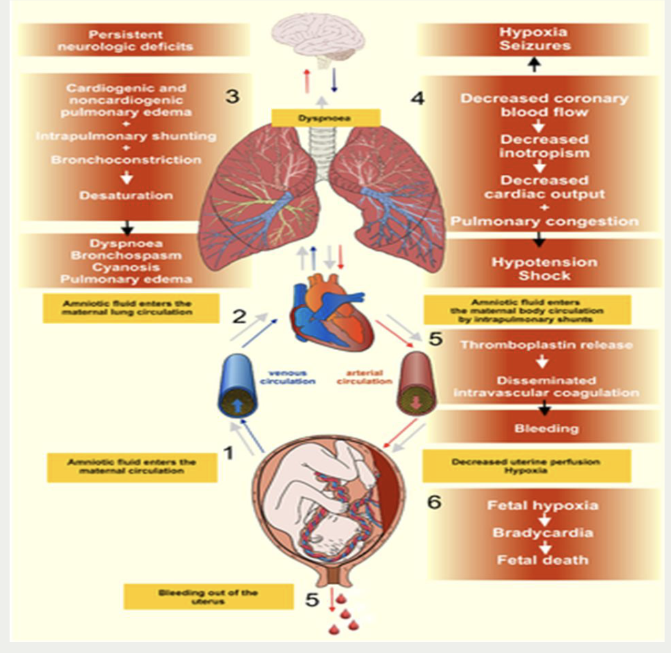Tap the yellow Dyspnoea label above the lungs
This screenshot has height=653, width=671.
[x=326, y=118]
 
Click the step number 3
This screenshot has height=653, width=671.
[x=233, y=96]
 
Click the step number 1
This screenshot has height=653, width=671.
[x=227, y=453]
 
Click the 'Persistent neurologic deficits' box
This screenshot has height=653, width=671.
[x=135, y=40]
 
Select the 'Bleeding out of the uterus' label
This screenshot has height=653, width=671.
[x=208, y=597]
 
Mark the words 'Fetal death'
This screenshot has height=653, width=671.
[x=542, y=560]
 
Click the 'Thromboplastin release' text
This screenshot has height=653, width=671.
[x=546, y=344]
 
